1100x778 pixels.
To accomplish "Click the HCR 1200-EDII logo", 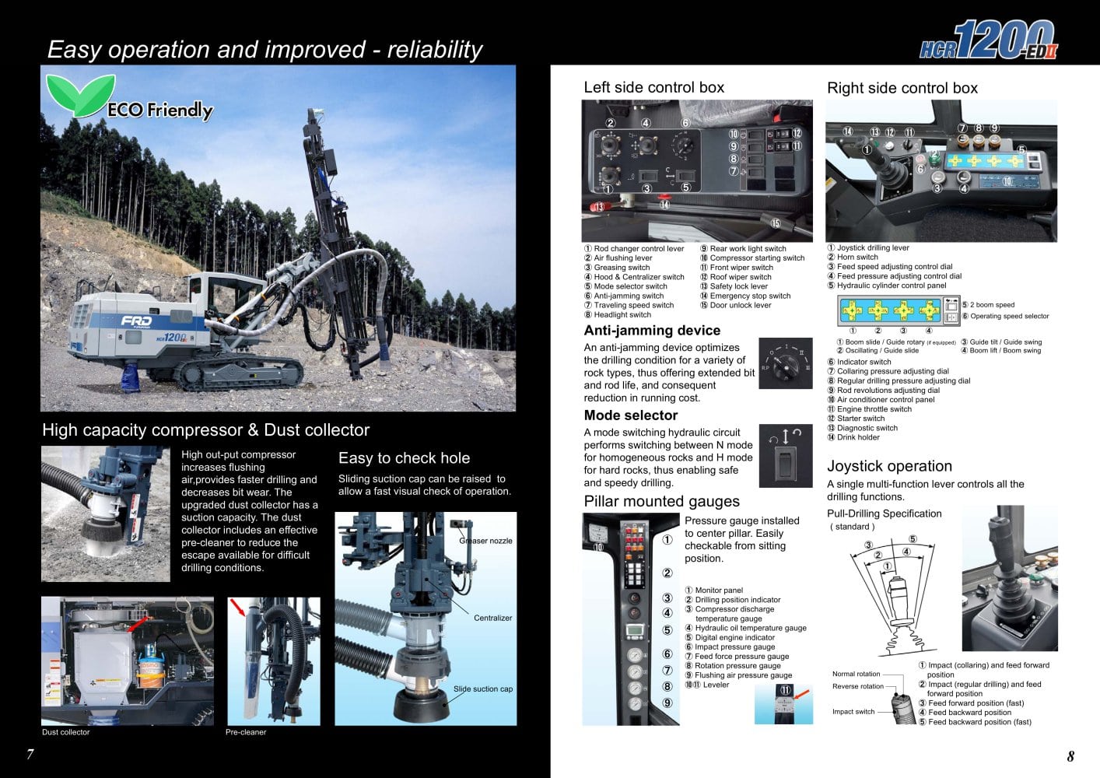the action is point(989,40).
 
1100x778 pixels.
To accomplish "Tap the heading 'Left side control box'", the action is point(653,87).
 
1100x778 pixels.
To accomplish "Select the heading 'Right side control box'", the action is point(902,88).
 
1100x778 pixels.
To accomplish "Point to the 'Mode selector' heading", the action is point(630,415).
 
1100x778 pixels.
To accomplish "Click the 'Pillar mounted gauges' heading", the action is point(661,502).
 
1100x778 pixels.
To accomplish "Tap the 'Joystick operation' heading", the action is point(889,466).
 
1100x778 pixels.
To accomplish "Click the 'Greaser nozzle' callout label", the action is point(486,541).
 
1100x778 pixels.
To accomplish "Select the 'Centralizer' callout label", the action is point(492,618).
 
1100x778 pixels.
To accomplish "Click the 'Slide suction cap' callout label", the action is point(482,689).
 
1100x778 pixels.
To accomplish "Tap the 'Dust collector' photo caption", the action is point(65,732).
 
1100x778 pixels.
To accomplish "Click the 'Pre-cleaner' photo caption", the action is point(246,732).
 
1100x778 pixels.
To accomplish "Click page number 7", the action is point(30,755).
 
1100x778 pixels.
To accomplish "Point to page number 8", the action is point(1070,756).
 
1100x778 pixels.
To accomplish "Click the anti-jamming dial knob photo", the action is point(785,363).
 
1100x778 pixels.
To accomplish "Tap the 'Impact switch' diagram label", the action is point(853,712).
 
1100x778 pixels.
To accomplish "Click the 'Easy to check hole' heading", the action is point(404,458).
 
